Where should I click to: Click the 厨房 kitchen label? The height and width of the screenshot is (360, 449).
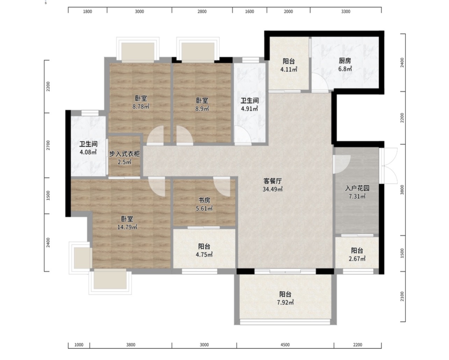point(345,61)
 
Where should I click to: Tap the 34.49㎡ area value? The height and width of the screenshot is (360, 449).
point(273,189)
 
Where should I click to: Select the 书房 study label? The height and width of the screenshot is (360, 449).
point(204,200)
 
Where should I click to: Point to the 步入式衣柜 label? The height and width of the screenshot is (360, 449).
point(124,154)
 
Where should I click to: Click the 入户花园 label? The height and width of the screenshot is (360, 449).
point(357,188)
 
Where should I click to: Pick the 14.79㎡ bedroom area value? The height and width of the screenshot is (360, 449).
point(127,227)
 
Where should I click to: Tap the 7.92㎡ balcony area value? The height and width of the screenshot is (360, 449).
point(285,302)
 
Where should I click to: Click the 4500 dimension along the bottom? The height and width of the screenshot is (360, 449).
point(285,345)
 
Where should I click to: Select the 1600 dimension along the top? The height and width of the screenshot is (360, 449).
point(249,12)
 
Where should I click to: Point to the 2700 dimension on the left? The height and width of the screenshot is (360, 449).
point(48,145)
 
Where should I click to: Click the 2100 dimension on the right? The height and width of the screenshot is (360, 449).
point(402,296)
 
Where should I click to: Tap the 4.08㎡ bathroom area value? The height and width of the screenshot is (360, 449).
point(88,152)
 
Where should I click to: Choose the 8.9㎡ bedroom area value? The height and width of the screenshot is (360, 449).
point(202,109)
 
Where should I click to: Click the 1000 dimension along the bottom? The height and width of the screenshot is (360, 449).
point(79,345)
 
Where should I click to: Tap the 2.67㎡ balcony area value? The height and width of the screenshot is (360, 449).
point(357,259)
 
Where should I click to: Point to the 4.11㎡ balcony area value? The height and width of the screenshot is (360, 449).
point(289,69)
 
